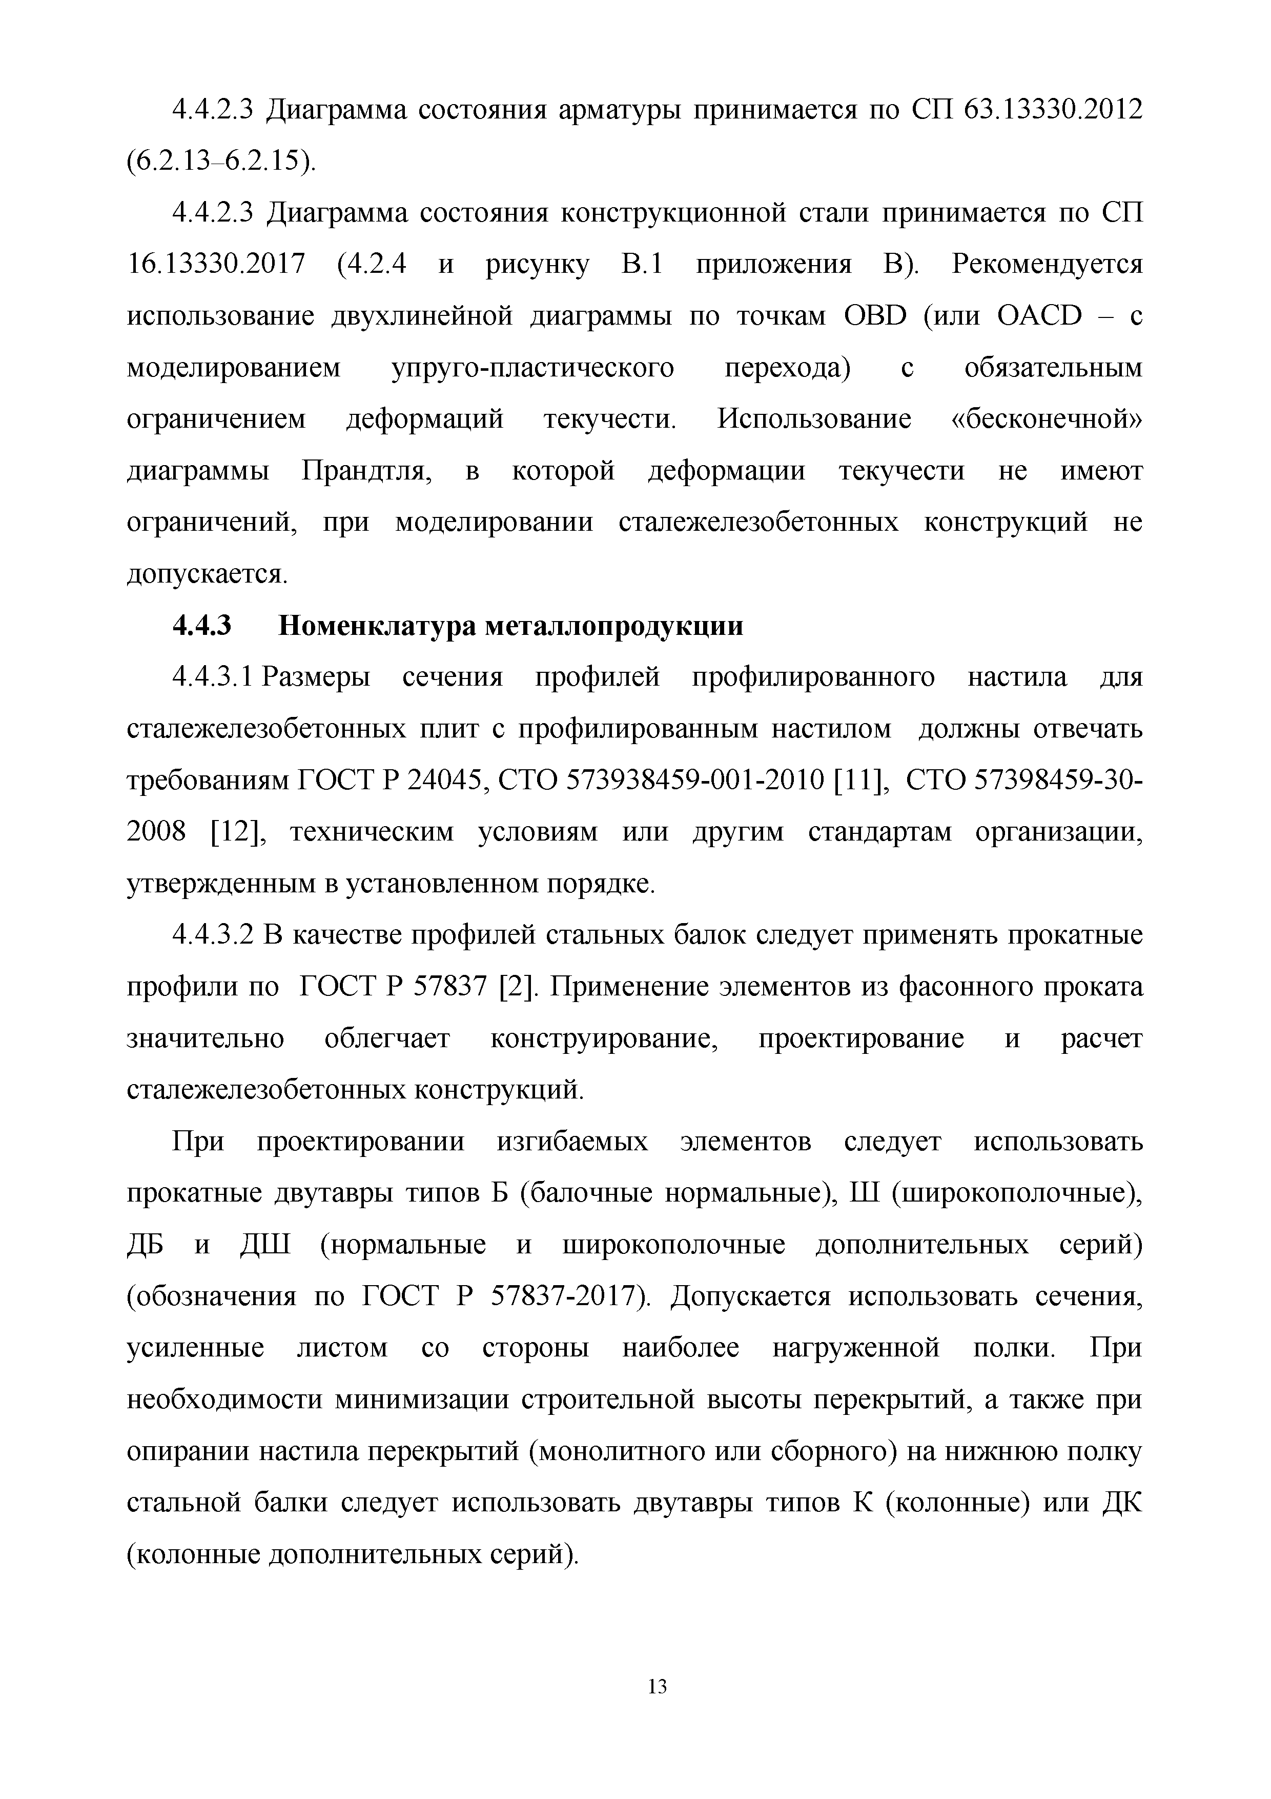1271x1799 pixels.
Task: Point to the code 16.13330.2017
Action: click(x=215, y=265)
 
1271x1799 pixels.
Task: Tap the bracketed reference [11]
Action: click(x=860, y=781)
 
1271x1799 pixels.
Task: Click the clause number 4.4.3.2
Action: click(x=213, y=935)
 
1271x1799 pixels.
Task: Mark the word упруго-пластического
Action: click(x=532, y=368)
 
